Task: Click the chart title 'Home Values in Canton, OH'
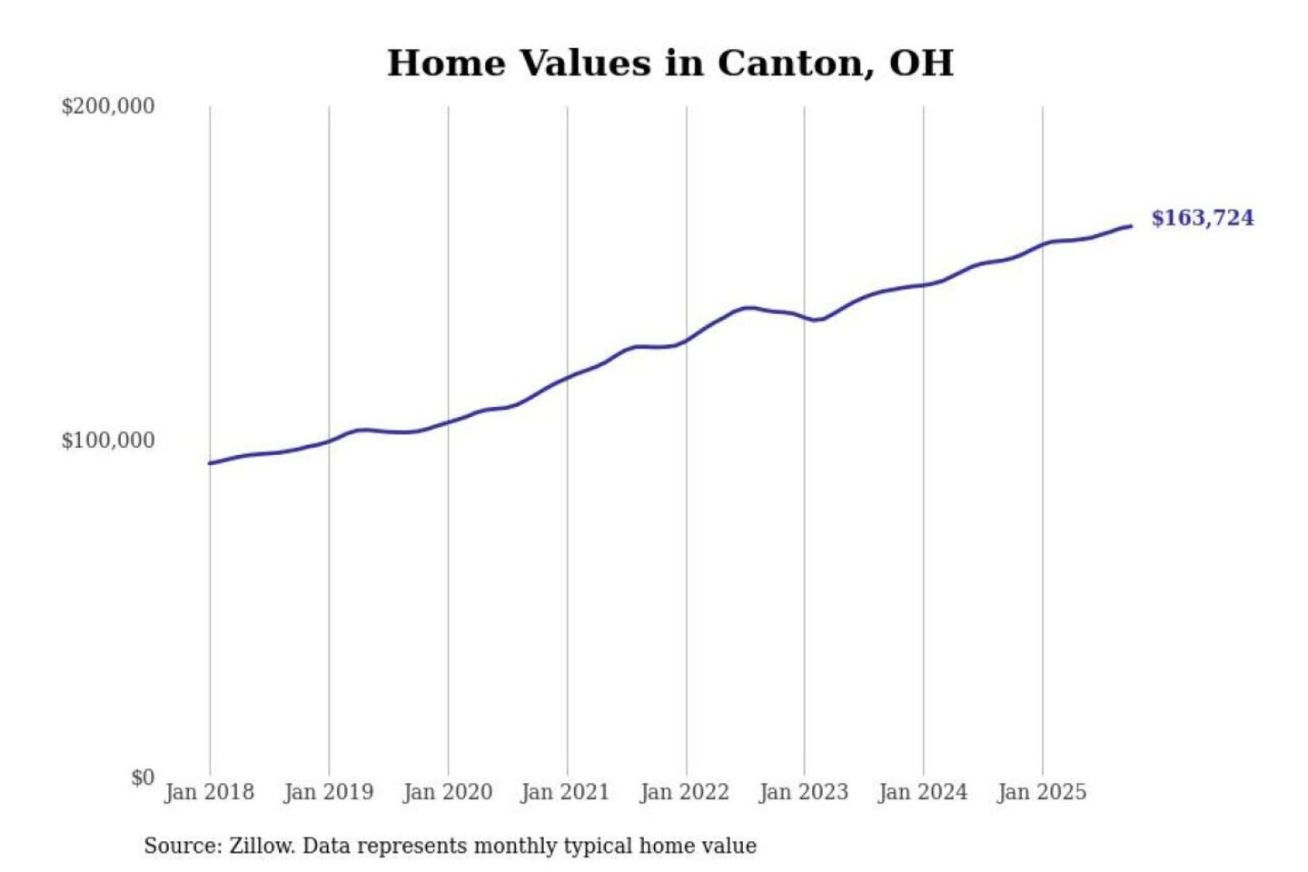[670, 64]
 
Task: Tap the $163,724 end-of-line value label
[1202, 218]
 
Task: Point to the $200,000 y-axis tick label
[107, 106]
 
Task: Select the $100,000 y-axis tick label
[107, 441]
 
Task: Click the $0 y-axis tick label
[142, 778]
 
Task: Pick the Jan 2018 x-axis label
[209, 792]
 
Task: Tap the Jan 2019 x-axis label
[328, 792]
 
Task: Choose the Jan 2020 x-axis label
[447, 792]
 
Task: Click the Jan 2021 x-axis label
[565, 792]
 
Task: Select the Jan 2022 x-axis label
[684, 792]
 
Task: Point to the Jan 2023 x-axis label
[803, 792]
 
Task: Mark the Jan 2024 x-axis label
[922, 792]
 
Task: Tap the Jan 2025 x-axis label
[1041, 792]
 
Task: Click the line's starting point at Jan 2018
[210, 463]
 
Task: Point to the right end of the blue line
[1130, 226]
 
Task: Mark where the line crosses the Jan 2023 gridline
[804, 316]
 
